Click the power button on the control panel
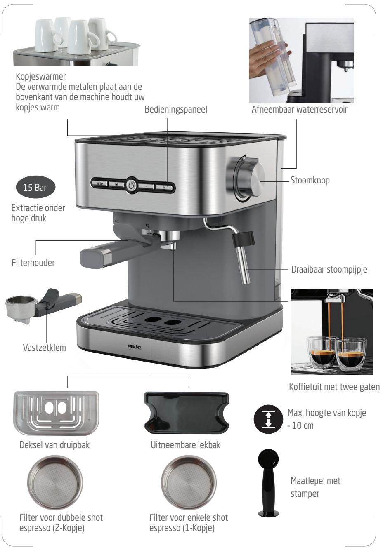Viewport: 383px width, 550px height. tap(132, 186)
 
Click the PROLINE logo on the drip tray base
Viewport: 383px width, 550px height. tap(135, 347)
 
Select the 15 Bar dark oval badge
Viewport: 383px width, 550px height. tap(35, 187)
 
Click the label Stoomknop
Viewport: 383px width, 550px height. tap(310, 181)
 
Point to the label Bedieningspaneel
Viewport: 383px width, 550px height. tap(176, 110)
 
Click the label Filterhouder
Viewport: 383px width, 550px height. tap(33, 263)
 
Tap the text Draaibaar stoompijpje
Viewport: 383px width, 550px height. tap(329, 269)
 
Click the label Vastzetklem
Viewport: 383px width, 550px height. tap(45, 348)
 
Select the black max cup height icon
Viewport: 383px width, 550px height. tap(268, 419)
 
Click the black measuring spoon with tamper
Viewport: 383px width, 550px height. tap(268, 482)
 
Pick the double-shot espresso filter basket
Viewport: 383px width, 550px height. tap(55, 482)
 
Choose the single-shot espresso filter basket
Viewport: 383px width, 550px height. tap(189, 482)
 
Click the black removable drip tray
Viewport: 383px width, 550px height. tap(187, 413)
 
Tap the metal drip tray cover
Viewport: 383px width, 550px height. tap(56, 413)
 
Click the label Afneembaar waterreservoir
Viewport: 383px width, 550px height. tap(299, 110)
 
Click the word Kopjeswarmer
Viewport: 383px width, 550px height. tap(41, 76)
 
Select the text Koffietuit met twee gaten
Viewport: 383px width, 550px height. tap(334, 387)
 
